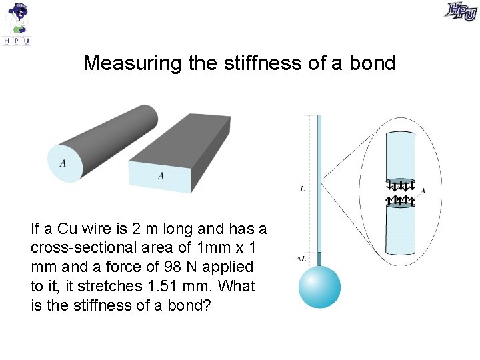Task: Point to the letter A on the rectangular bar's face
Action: pyautogui.click(x=161, y=175)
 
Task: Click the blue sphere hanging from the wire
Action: pyautogui.click(x=319, y=287)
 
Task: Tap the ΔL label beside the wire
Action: pyautogui.click(x=301, y=258)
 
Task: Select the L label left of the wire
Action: pyautogui.click(x=303, y=189)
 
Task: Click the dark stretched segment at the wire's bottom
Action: pyautogui.click(x=319, y=259)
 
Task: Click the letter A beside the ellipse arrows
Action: pyautogui.click(x=423, y=191)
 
